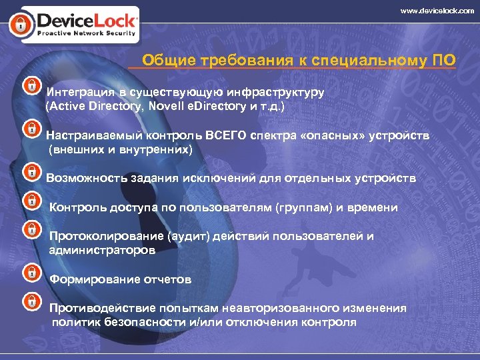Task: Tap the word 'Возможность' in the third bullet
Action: point(83,178)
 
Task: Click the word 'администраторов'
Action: point(102,251)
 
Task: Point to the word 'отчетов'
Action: point(168,279)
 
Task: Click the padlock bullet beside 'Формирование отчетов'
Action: point(31,273)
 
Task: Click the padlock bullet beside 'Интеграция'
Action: point(31,86)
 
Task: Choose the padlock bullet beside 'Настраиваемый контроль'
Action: point(31,128)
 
